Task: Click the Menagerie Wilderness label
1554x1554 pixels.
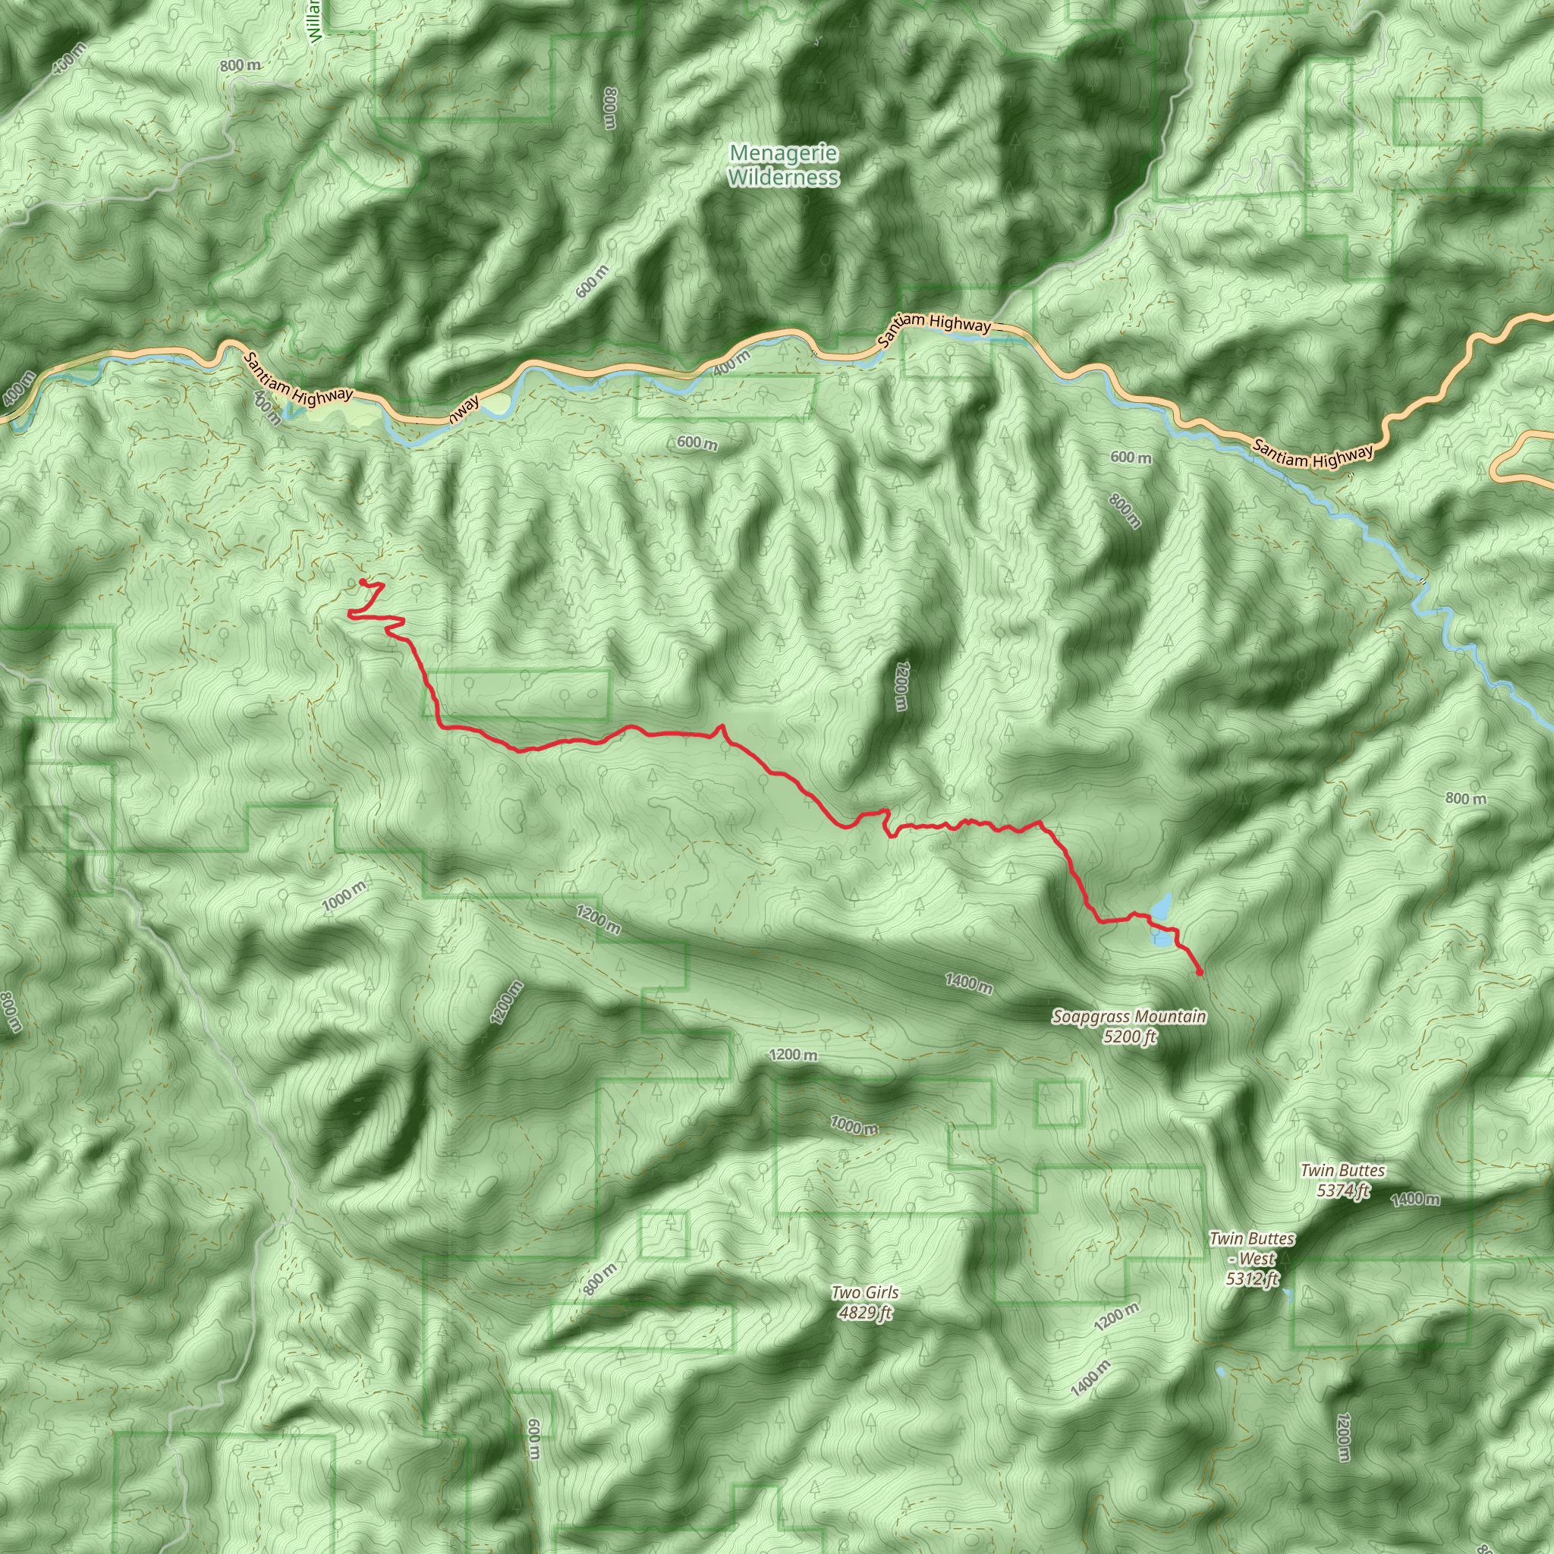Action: pyautogui.click(x=783, y=165)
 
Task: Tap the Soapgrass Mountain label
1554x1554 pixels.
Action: pyautogui.click(x=1128, y=1017)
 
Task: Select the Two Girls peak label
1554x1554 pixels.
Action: pyautogui.click(x=865, y=1292)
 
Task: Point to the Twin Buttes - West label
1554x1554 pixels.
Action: pyautogui.click(x=1251, y=1248)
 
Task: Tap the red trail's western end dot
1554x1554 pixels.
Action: pyautogui.click(x=363, y=581)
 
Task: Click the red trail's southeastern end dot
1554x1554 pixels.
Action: pyautogui.click(x=1200, y=973)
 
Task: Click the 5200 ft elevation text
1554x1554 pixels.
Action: pyautogui.click(x=1129, y=1036)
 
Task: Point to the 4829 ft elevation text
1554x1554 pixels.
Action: pyautogui.click(x=865, y=1313)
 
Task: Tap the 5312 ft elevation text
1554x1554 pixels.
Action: pyautogui.click(x=1252, y=1278)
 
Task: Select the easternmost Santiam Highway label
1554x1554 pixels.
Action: pyautogui.click(x=1312, y=457)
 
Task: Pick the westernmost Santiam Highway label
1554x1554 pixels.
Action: pyautogui.click(x=298, y=380)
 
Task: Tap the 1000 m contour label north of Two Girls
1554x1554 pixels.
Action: pyautogui.click(x=854, y=1125)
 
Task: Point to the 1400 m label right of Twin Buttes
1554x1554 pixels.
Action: pyautogui.click(x=1415, y=1200)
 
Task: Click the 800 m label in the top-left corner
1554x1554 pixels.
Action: pyautogui.click(x=241, y=64)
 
